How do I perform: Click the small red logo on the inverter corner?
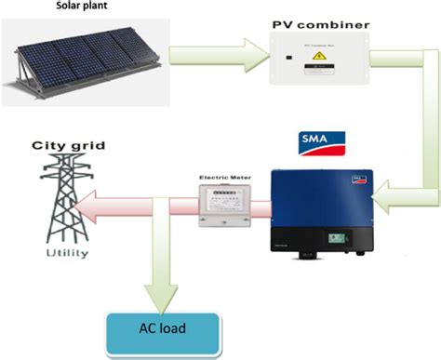pos(356,177)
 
